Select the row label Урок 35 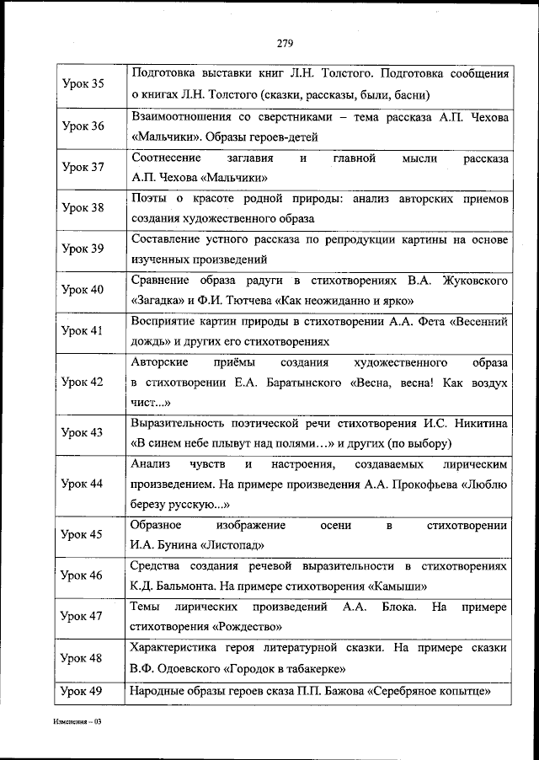coord(84,84)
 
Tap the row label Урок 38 coord(84,207)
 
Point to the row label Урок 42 coord(84,382)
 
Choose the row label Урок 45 coord(84,534)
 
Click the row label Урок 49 coord(84,692)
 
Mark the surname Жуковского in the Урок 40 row coord(467,280)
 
